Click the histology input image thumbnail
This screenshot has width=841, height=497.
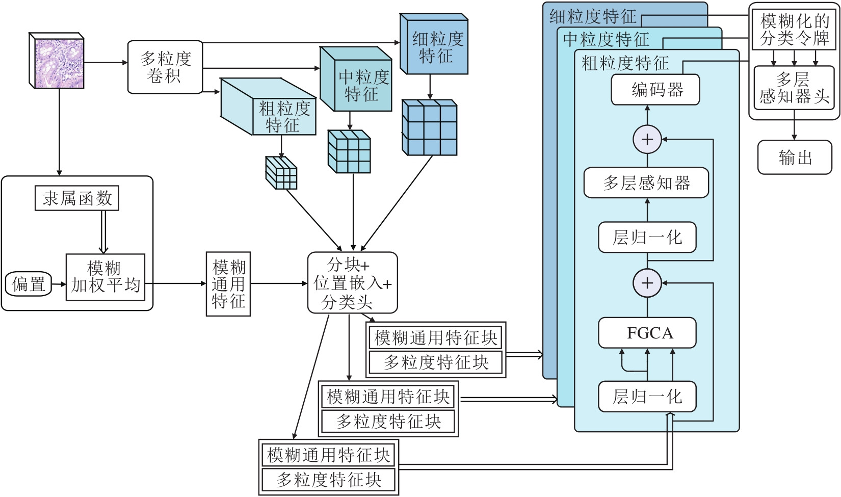(x=57, y=61)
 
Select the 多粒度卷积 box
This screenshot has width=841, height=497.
(x=165, y=67)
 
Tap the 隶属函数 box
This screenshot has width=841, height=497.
(x=77, y=198)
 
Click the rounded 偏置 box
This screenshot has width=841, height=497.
(x=29, y=284)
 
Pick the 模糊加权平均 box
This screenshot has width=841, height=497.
(x=106, y=277)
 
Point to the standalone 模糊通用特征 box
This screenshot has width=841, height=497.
(x=228, y=283)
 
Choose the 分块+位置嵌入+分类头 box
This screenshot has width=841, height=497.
(x=352, y=282)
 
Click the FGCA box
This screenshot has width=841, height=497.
(x=647, y=333)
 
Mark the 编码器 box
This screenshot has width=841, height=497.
(x=655, y=90)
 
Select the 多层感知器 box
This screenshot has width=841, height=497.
(x=646, y=183)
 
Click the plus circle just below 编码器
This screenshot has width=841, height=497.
(x=647, y=139)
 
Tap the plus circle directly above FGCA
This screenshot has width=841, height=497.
(x=647, y=283)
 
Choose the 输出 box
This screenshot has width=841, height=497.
(x=795, y=158)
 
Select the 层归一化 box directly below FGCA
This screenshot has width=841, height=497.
(x=647, y=397)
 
